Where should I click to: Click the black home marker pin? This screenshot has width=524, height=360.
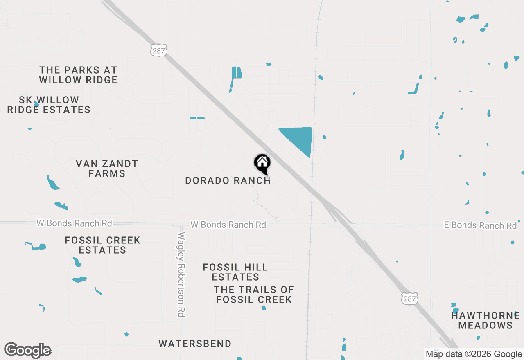click(262, 163)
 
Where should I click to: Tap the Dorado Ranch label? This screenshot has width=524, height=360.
click(228, 180)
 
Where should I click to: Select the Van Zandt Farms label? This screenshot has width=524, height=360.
click(107, 169)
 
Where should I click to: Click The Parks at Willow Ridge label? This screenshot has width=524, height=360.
click(78, 75)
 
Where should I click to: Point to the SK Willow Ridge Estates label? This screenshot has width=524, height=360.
click(49, 105)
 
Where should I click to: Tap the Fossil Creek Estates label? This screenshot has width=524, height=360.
click(102, 245)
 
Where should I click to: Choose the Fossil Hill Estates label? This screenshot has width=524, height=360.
click(235, 272)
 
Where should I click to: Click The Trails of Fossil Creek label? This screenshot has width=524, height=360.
click(254, 295)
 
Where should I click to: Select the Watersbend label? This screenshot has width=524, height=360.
click(195, 344)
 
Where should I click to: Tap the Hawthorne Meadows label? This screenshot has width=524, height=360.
click(485, 320)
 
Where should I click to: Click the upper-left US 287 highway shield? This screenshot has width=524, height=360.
click(158, 51)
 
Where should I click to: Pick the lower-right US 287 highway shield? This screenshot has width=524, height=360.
click(409, 299)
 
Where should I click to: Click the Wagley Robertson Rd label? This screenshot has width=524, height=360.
click(181, 274)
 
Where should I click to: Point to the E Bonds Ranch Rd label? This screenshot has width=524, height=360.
click(480, 225)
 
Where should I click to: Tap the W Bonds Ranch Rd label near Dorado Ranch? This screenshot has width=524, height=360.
click(228, 225)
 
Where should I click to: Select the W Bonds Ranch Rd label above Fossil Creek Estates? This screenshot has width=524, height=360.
click(74, 223)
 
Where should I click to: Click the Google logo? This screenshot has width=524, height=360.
click(28, 350)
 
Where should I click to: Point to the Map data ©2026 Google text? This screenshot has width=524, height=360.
click(474, 354)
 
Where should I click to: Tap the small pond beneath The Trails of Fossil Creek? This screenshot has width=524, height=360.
click(263, 308)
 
